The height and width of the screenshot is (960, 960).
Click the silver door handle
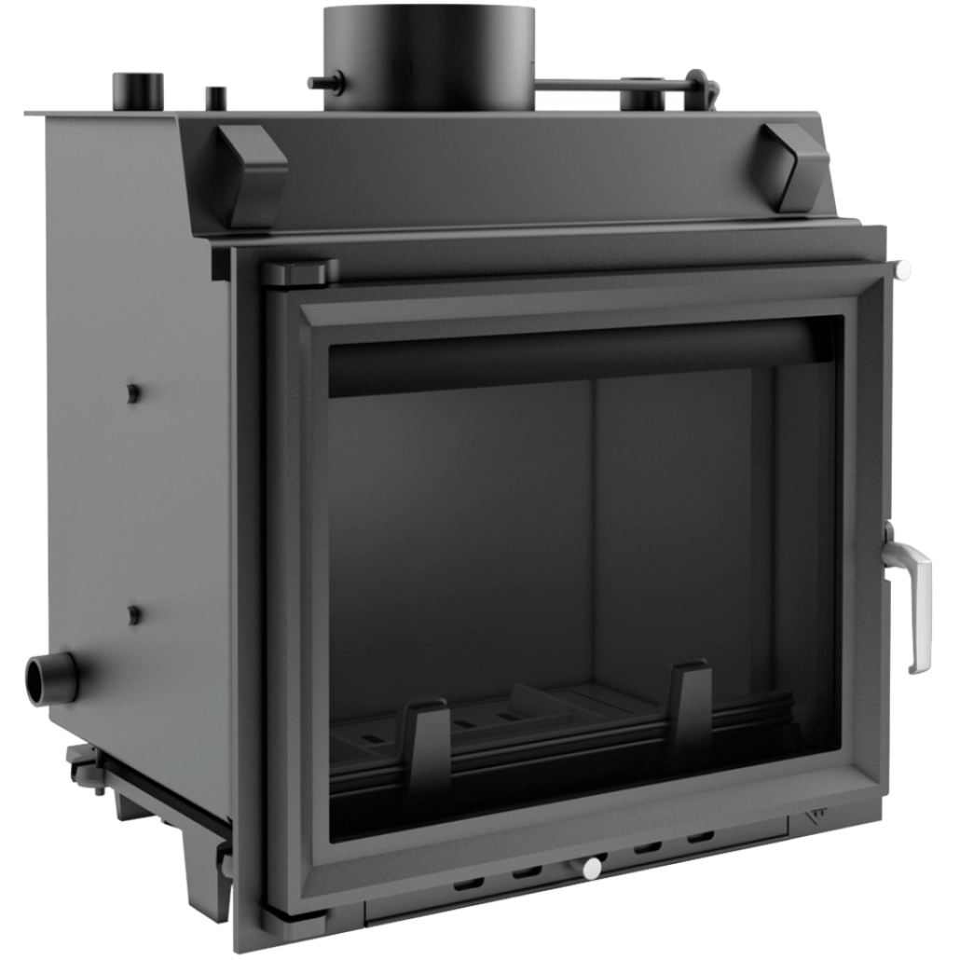909,597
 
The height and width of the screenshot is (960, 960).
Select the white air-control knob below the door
591,869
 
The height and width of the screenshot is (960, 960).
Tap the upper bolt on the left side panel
133,392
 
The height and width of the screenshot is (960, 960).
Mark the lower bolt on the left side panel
134,615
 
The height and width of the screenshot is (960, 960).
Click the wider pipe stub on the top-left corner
139,89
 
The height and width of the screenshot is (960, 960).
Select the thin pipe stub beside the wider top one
215,96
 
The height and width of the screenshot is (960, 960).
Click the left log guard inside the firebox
427,745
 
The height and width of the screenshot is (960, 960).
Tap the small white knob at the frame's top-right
902,270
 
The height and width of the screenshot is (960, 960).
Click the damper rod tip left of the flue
314,82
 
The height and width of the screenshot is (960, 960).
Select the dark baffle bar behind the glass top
578,355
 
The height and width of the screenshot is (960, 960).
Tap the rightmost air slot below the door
701,836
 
